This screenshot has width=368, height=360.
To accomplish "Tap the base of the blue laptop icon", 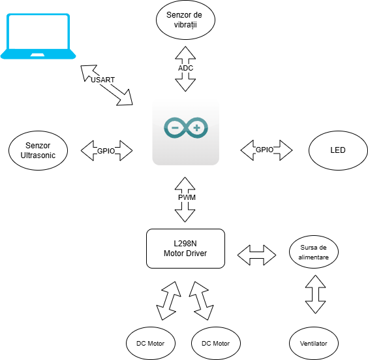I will click(38, 54).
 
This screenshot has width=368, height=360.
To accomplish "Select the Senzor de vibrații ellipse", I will click(186, 20).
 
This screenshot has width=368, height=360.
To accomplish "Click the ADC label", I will click(185, 68).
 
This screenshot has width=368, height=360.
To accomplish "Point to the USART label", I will click(102, 80).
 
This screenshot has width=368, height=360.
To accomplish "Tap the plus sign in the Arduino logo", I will click(196, 127).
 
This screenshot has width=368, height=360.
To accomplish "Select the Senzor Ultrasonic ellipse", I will click(38, 150).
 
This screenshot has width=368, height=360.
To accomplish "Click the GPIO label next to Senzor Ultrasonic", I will click(106, 151).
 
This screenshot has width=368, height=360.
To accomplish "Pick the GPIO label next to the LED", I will click(264, 150).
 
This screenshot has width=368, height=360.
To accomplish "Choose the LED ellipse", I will click(337, 150).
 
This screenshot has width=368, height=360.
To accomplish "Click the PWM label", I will click(187, 197).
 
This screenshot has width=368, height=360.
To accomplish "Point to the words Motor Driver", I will click(186, 254).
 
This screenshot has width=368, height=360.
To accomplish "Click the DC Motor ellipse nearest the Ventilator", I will click(215, 343).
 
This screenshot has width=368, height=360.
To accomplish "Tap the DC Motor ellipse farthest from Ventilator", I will click(151, 343).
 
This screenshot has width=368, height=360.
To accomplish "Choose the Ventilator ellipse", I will click(313, 343).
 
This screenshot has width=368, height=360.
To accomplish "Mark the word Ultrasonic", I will click(38, 155).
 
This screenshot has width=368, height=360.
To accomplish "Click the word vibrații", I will click(186, 25).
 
